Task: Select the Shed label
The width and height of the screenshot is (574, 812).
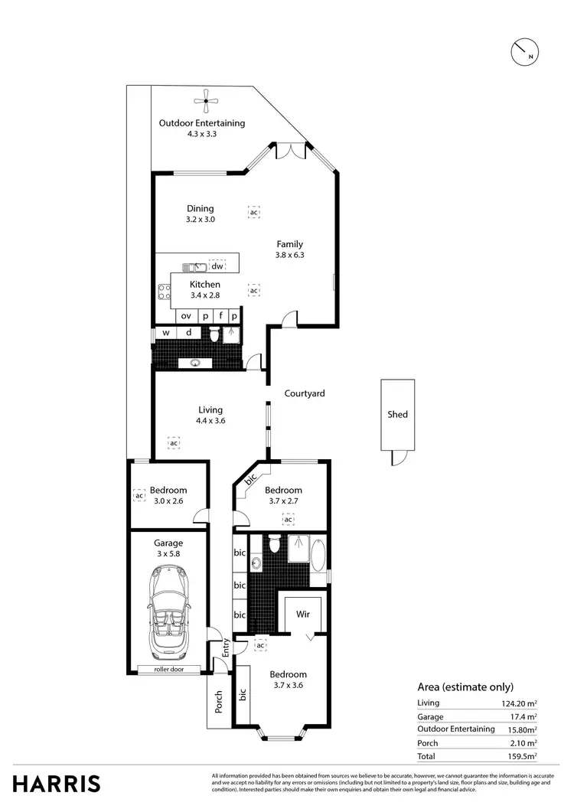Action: coord(397,415)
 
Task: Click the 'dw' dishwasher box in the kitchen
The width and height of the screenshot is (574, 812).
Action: coord(217,266)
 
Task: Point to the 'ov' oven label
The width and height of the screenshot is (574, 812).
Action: coord(185,315)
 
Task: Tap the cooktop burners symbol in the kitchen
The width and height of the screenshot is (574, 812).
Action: coord(163,290)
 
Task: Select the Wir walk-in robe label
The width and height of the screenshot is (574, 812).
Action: coord(303,614)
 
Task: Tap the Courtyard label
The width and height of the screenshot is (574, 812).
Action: coord(305,393)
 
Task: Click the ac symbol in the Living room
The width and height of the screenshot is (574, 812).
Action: coord(174,443)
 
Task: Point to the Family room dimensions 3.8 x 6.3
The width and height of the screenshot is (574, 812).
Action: coord(289,256)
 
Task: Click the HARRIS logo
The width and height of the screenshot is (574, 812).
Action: coord(57,784)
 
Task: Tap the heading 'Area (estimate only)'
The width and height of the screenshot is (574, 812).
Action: coord(465,686)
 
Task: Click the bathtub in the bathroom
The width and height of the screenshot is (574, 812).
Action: coord(318,551)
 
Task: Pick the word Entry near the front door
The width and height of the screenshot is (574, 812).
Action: coord(227,648)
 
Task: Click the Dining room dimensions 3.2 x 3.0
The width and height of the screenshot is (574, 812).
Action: coord(201,219)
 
